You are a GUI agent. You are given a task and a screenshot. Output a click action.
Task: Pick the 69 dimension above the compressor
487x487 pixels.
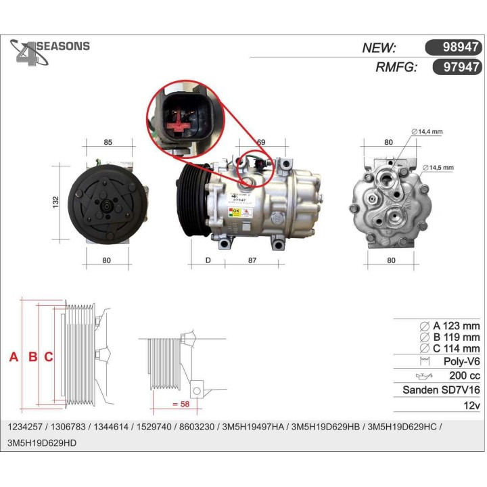click(260, 143)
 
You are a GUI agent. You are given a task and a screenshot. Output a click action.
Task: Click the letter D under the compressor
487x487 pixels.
click(208, 260)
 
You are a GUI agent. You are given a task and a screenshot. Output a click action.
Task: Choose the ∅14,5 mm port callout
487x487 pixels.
click(438, 167)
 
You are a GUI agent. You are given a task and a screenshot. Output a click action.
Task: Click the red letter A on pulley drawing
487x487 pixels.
click(14, 356)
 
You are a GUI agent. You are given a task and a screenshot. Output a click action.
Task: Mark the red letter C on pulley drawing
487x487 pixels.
click(48, 356)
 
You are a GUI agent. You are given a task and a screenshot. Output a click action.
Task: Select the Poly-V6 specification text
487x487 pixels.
click(461, 362)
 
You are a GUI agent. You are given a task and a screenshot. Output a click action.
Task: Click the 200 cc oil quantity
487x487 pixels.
click(464, 376)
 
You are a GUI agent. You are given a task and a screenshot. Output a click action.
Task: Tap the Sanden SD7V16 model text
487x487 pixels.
click(441, 390)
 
